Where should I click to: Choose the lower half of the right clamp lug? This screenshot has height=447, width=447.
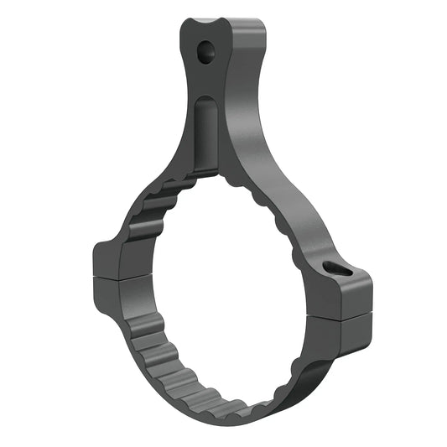point(346,334)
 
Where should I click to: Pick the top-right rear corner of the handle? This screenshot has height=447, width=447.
point(262,23)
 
